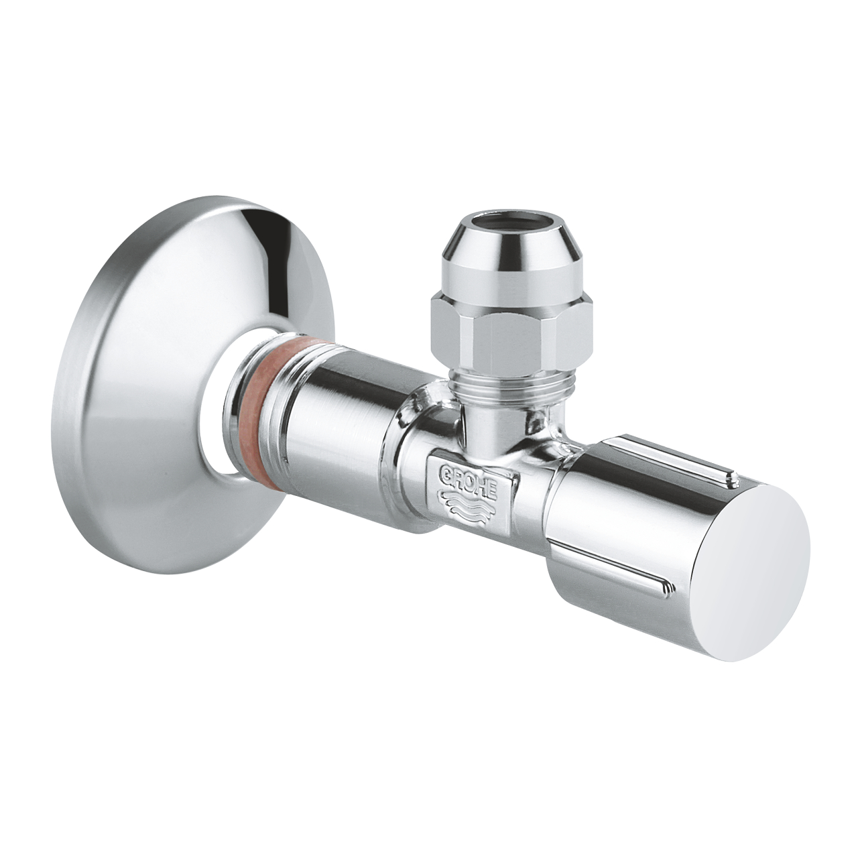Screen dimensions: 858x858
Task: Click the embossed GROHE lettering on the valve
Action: pos(468,478)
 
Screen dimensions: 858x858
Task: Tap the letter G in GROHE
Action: pos(444,467)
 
